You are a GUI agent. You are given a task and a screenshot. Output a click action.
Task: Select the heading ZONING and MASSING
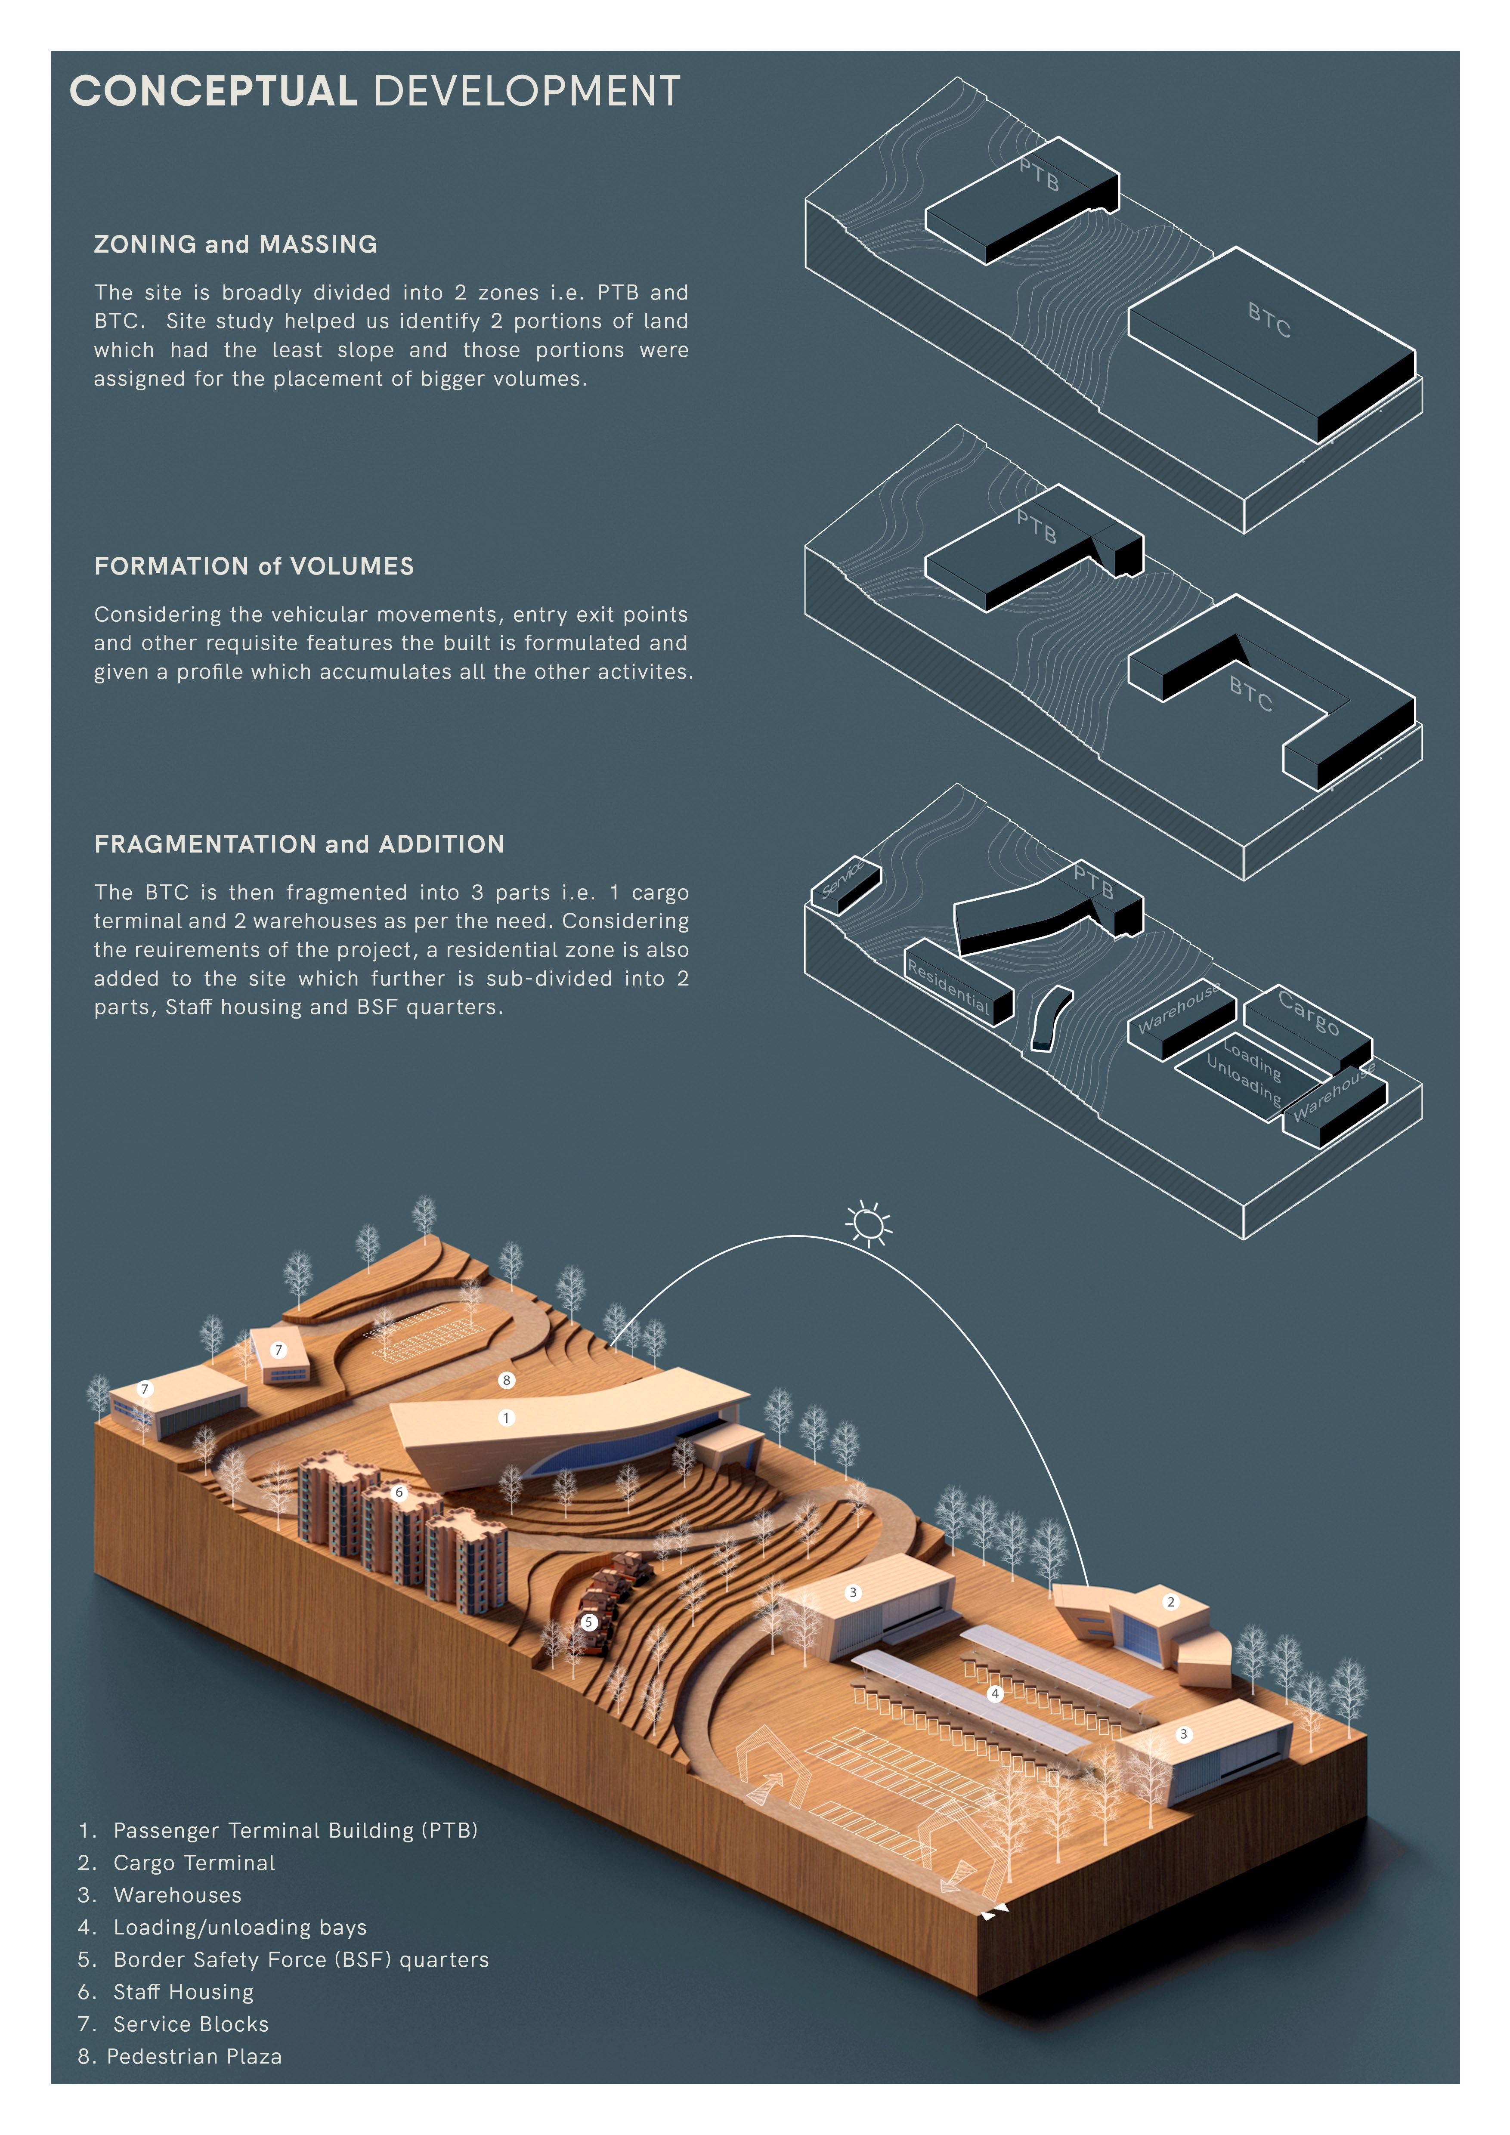pos(235,244)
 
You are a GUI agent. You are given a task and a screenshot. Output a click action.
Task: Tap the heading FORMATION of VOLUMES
pos(254,566)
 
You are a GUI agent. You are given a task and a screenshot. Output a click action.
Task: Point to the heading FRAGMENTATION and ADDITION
pos(298,844)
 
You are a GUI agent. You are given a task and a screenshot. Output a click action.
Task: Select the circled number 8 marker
pos(507,1380)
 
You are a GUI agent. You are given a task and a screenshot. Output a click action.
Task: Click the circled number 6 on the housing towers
pos(400,1492)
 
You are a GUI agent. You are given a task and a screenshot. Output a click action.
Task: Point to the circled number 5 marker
pos(588,1622)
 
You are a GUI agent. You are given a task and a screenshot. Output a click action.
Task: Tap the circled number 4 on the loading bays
pos(995,1693)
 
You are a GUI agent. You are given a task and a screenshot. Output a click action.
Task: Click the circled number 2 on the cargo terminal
pos(1171,1601)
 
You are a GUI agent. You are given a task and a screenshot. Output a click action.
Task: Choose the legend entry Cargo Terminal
pos(193,1863)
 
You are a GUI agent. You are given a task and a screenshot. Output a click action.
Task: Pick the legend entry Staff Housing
pos(183,1992)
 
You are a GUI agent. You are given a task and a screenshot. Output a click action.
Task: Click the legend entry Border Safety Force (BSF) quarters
pos(300,1959)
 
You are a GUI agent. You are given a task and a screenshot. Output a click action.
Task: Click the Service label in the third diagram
pos(843,879)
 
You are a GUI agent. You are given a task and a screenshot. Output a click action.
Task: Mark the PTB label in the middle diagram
pos(1036,526)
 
